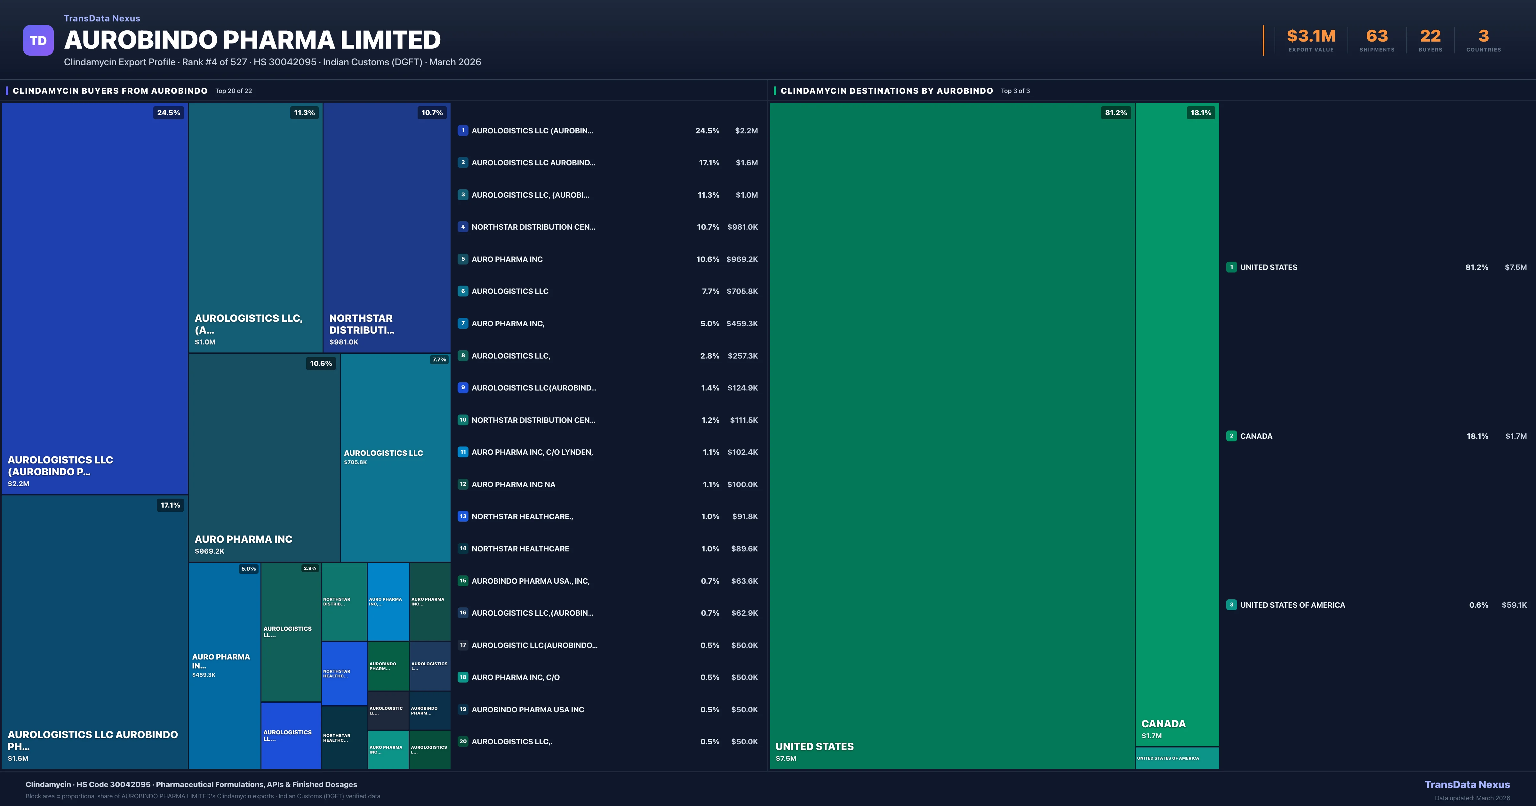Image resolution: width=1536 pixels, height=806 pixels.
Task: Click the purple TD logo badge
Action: coord(38,41)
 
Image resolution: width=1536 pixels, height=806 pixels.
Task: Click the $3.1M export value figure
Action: coord(1311,36)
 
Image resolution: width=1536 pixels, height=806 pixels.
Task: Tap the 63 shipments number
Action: coord(1377,36)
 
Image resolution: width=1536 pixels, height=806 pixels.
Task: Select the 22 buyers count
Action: coord(1430,36)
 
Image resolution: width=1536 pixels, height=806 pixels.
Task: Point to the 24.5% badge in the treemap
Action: coord(169,113)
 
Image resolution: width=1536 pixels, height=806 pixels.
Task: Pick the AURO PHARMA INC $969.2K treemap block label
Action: coord(243,540)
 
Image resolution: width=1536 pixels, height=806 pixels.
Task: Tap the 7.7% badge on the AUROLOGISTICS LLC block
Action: coord(439,360)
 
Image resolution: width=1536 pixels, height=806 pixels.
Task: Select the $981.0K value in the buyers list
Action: coord(742,227)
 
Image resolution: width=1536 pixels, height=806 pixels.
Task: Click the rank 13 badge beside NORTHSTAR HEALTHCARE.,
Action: coord(463,516)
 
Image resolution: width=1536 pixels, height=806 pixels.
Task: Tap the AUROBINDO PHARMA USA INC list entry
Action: coord(528,709)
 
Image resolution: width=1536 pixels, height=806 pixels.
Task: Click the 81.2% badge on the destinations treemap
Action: coord(1116,113)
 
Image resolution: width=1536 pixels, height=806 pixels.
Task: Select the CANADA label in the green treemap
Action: coord(1163,724)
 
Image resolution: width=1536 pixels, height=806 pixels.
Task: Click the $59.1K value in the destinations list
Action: coord(1514,605)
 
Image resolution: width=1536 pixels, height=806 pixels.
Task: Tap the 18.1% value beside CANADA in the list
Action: coord(1477,436)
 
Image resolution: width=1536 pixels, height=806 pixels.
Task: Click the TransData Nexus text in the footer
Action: coord(1467,785)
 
